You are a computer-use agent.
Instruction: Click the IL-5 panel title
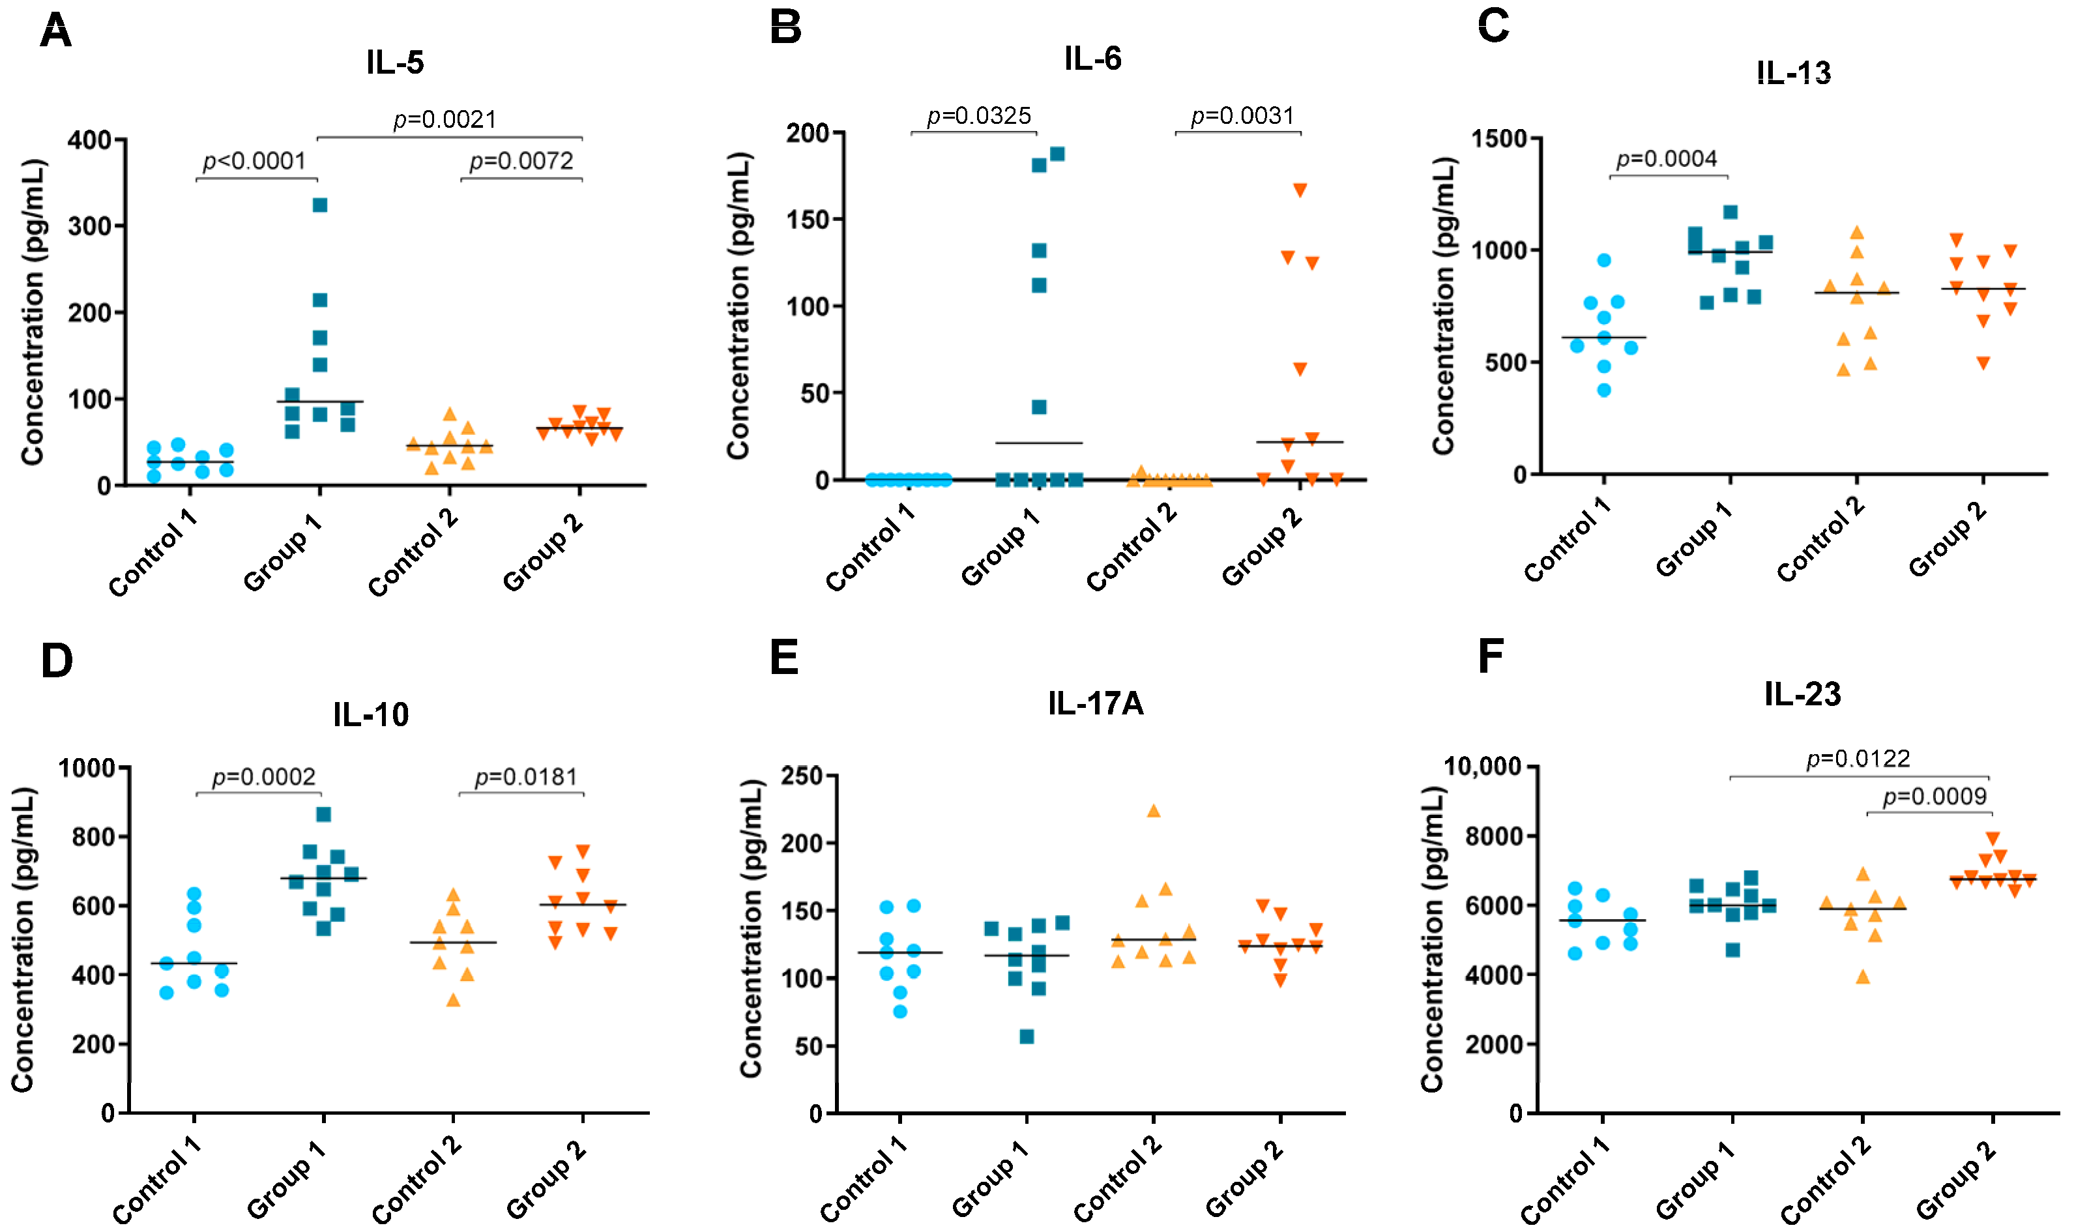coord(395,63)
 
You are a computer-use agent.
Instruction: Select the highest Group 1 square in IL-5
coord(319,205)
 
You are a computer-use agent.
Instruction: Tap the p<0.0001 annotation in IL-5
coord(255,160)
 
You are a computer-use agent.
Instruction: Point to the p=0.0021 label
coord(445,119)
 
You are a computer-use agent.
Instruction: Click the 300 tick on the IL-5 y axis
coord(91,226)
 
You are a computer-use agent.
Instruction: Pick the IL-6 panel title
coord(1092,58)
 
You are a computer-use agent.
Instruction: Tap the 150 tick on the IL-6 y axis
coord(808,220)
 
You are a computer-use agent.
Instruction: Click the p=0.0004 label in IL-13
coord(1667,158)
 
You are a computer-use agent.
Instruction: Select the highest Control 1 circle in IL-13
coord(1603,261)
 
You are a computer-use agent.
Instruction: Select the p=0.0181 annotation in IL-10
coord(525,777)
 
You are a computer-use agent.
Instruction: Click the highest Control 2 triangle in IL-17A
coord(1153,811)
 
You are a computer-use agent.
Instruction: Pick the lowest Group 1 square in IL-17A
coord(1027,1036)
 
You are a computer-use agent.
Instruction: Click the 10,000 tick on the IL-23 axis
coord(1483,765)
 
